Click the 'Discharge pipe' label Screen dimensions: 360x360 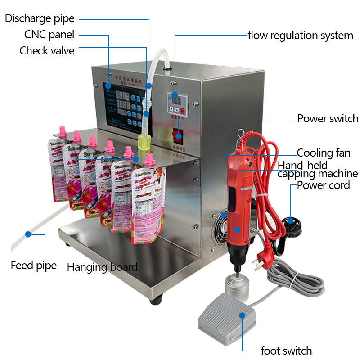(40, 18)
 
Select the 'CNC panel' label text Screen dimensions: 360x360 (49, 35)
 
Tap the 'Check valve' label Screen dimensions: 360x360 (47, 50)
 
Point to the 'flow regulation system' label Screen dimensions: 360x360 (300, 36)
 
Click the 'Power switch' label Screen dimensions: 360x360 (328, 119)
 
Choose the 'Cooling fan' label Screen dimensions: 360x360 (323, 153)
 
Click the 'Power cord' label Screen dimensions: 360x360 (323, 185)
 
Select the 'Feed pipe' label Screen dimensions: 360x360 (34, 265)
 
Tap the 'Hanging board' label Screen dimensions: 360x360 (102, 267)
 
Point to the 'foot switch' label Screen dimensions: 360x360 (286, 351)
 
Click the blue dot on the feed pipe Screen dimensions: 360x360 (28, 234)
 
